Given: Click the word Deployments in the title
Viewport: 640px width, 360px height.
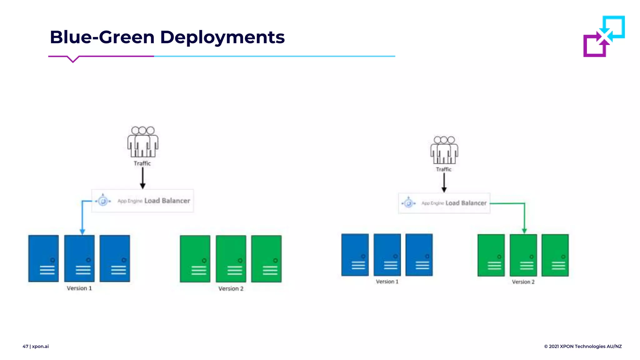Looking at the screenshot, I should [x=222, y=37].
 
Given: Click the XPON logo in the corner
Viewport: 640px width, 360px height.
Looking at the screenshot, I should [x=604, y=36].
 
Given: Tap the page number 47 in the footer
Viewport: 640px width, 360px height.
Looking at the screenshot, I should [x=25, y=346].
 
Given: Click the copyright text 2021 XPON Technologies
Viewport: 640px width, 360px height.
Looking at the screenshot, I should [x=583, y=346].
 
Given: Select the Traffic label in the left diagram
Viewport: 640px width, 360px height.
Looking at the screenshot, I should [x=142, y=163].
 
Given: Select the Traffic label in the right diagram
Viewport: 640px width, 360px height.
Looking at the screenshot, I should [x=444, y=169].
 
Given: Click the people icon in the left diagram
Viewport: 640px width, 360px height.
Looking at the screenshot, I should [x=143, y=142].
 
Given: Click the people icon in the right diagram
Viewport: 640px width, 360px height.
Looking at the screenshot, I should [x=444, y=150].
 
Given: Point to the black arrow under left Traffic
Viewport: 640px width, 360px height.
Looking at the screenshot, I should [x=143, y=178].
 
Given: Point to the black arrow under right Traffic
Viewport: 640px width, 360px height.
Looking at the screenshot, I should [x=444, y=183].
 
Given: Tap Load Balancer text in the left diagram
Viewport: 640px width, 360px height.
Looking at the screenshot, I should [x=167, y=201].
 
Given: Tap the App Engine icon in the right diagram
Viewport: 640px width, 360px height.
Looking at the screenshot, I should [x=408, y=203].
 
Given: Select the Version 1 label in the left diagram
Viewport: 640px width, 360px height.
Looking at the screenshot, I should [x=79, y=288].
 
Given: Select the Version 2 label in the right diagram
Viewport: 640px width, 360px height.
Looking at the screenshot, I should [x=523, y=282].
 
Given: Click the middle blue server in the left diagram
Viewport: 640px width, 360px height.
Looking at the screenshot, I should [x=79, y=258].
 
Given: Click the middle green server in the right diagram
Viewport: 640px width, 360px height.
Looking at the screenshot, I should [x=523, y=255].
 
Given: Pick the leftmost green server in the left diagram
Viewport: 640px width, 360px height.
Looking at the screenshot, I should [x=195, y=259].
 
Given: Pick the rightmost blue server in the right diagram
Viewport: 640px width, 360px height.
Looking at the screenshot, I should [x=419, y=255].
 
